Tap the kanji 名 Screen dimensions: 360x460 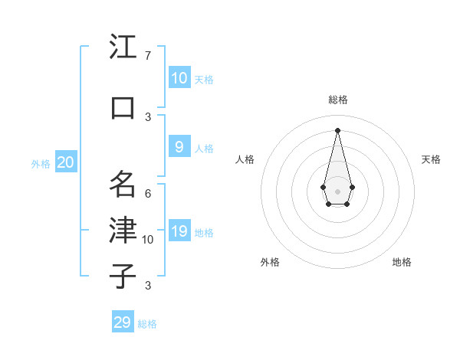(x=123, y=184)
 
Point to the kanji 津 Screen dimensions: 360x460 (x=123, y=230)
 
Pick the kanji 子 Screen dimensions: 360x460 (x=123, y=276)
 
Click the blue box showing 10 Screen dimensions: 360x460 (x=179, y=77)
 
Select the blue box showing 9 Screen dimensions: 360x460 (x=179, y=146)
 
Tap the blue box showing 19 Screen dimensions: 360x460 (x=179, y=231)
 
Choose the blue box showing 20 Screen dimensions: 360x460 (x=66, y=162)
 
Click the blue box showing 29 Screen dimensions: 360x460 (x=123, y=322)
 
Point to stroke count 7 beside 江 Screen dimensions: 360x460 (x=148, y=56)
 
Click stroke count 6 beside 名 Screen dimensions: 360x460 (x=148, y=193)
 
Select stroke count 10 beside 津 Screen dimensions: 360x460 (x=148, y=240)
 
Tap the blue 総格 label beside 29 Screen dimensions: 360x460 (x=147, y=324)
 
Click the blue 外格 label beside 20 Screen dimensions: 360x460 (x=41, y=163)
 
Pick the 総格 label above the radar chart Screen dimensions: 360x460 (x=337, y=100)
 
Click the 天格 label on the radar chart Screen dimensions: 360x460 (x=431, y=159)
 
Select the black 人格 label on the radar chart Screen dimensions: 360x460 (x=245, y=159)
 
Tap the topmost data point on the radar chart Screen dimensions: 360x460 (x=337, y=130)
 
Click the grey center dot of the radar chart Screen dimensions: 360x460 (x=337, y=190)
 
